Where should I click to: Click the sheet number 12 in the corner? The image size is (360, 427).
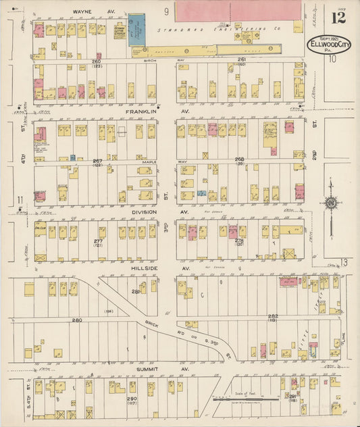pos(338,17)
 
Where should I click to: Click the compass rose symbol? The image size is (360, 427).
pos(331,203)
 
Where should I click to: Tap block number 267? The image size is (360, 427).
pos(97,160)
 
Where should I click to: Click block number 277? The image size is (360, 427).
pos(99,241)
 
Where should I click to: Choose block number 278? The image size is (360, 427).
pos(239,241)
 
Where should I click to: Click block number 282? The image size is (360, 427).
pos(273,316)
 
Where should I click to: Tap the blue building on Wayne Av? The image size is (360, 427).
pos(137,30)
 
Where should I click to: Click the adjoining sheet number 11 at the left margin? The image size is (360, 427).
pos(21,199)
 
